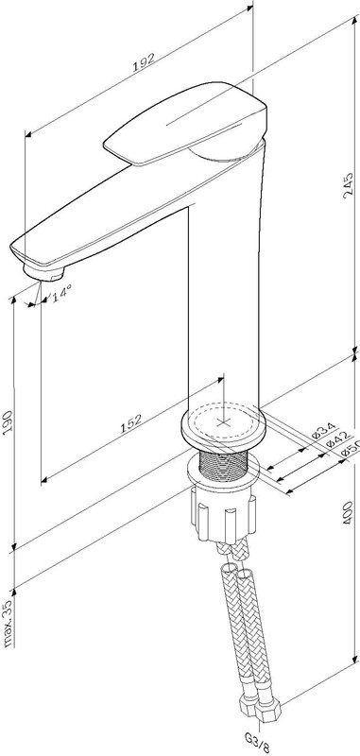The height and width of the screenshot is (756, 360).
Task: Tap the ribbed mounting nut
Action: (x=224, y=512)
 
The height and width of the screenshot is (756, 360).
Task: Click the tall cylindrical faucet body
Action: (x=227, y=283)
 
